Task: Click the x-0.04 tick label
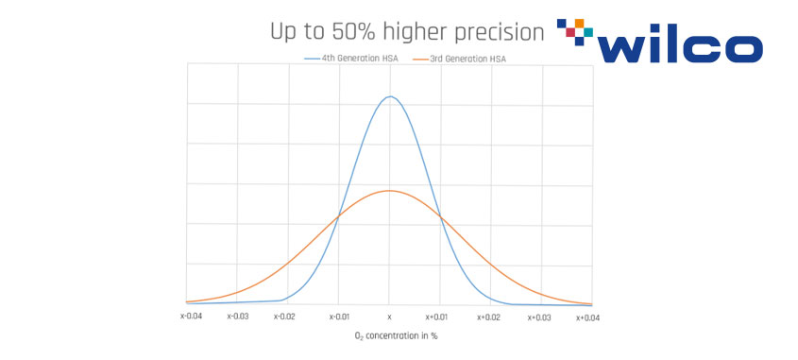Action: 191,317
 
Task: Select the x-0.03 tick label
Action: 238,317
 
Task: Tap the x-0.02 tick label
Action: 284,317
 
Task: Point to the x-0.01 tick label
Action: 339,317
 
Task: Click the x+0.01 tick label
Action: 437,317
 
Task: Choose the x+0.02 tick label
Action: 488,317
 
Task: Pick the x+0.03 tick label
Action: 539,317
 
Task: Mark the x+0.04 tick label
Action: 587,317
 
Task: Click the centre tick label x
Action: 390,317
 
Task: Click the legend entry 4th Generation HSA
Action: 351,60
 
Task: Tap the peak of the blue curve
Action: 390,96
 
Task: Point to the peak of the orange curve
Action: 389,191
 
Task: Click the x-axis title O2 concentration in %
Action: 396,336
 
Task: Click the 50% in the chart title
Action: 351,31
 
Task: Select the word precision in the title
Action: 500,33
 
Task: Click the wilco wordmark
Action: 680,48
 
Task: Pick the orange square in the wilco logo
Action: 579,24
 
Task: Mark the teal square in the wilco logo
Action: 588,32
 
